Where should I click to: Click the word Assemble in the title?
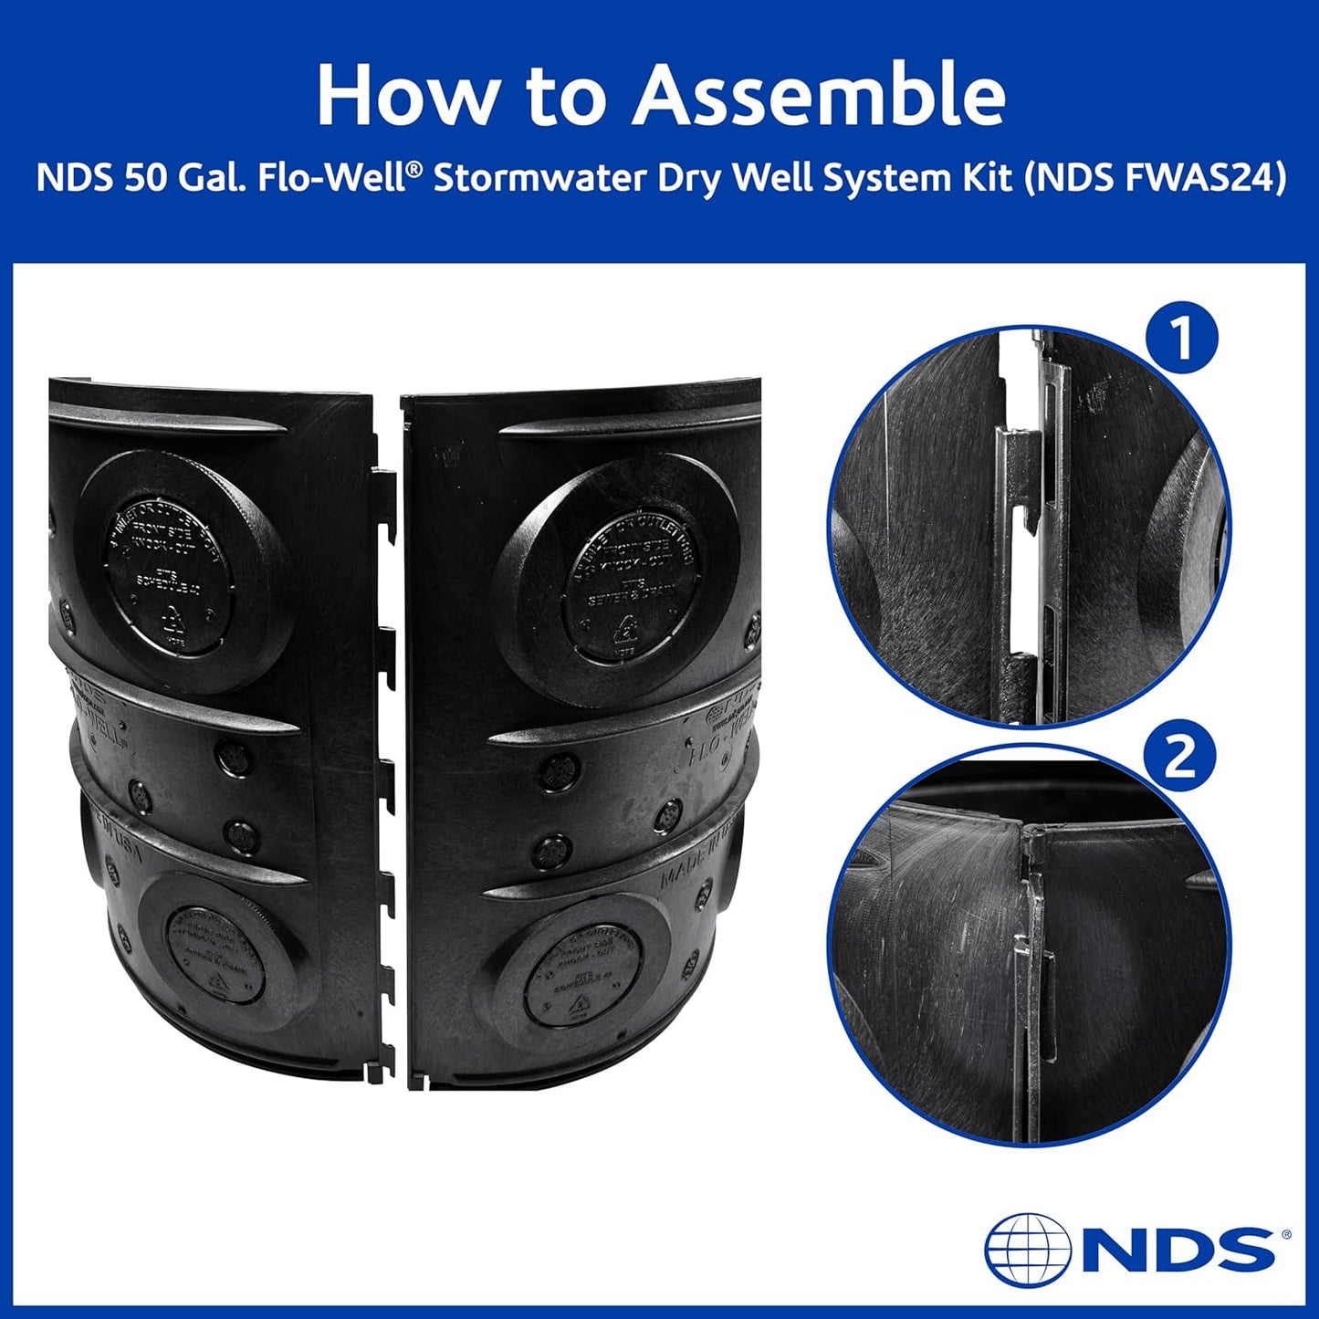[x=820, y=96]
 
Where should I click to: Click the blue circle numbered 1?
[x=1181, y=340]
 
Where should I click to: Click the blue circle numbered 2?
[x=1181, y=757]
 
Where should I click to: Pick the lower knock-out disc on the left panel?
[x=215, y=954]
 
